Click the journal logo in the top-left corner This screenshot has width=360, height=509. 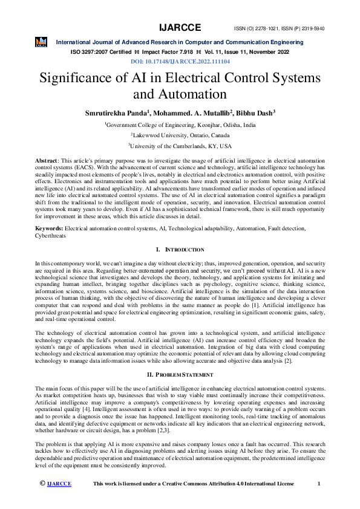pyautogui.click(x=41, y=42)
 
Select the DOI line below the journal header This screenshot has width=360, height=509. pyautogui.click(x=180, y=62)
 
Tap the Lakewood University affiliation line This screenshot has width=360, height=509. pyautogui.click(x=180, y=135)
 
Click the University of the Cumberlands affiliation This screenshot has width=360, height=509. pyautogui.click(x=180, y=146)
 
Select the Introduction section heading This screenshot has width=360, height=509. pyautogui.click(x=180, y=250)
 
